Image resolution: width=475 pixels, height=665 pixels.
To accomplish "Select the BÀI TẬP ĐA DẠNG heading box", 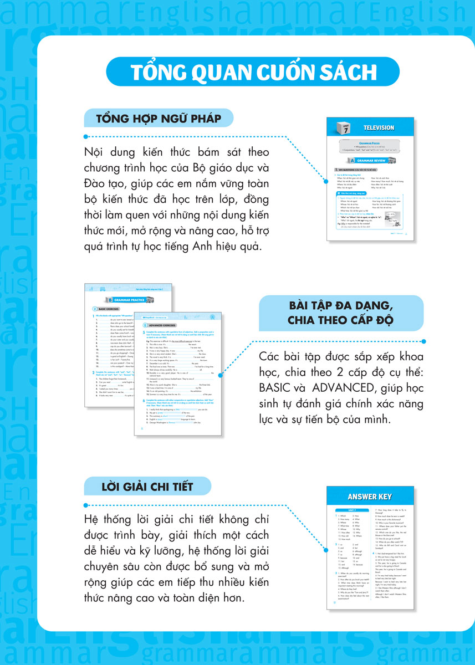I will tap(341, 313).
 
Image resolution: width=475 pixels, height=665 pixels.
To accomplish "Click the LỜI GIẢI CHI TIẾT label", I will tap(147, 487).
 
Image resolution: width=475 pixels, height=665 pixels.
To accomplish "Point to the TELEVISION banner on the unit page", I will tap(379, 128).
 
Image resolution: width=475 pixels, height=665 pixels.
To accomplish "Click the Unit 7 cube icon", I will tap(338, 128).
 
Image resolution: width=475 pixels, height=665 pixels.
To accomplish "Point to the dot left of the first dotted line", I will tap(85, 136).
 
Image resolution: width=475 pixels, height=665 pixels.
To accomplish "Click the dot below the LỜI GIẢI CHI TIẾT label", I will tap(85, 504).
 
